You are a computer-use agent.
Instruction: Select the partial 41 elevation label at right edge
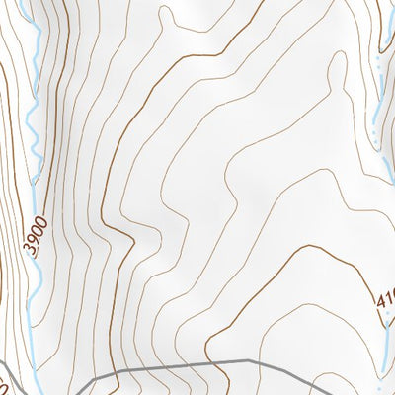(x=385, y=296)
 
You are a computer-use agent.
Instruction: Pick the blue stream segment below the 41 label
(x=386, y=341)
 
